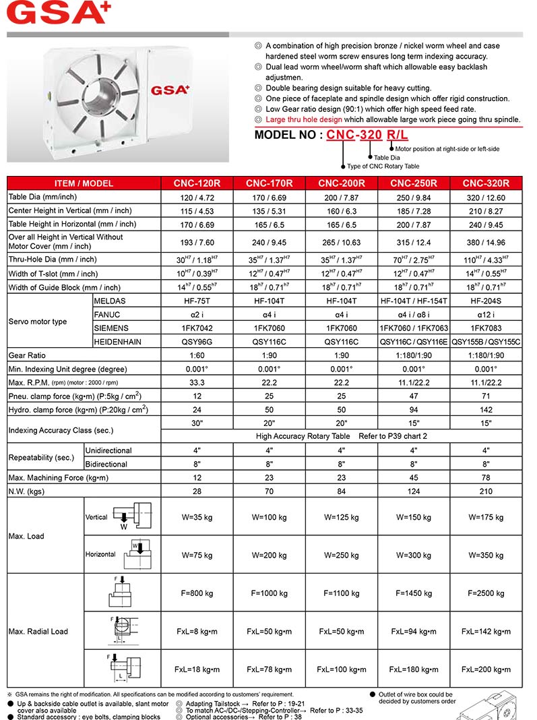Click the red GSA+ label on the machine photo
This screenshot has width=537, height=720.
[170, 90]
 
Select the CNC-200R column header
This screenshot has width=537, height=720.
[342, 183]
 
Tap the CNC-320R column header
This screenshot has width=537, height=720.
[485, 183]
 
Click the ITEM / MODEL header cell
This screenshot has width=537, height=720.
[84, 183]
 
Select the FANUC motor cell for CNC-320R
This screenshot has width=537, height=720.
[485, 315]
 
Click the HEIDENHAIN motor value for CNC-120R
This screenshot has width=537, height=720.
[197, 342]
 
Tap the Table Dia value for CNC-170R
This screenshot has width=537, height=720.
[269, 198]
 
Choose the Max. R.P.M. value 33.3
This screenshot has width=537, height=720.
[197, 383]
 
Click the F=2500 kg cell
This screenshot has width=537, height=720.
[485, 593]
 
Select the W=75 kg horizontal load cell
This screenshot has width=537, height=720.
[197, 556]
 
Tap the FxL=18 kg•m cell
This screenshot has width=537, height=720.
[197, 669]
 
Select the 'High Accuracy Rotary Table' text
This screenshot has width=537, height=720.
[303, 436]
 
